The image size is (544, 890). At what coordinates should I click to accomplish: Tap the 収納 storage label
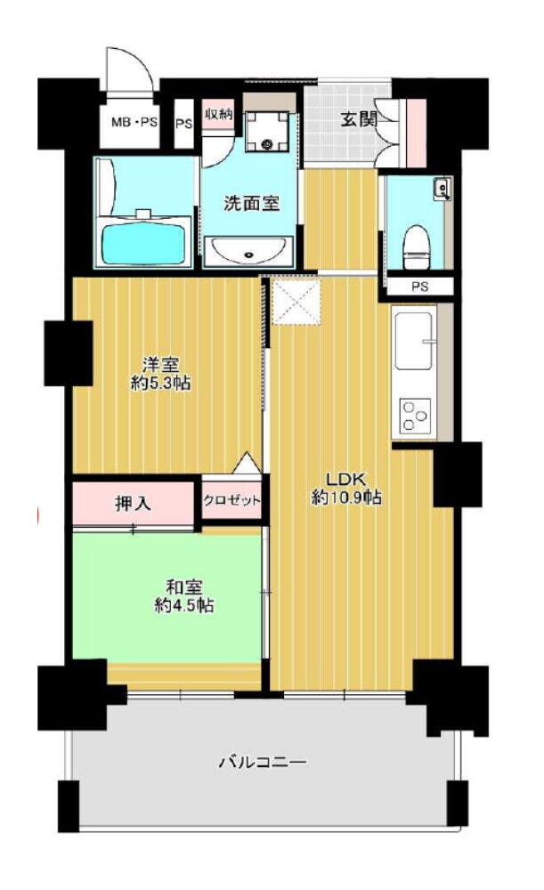point(219,114)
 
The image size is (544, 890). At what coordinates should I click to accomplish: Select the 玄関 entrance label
point(358,120)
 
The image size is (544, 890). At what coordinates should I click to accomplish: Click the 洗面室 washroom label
point(252,203)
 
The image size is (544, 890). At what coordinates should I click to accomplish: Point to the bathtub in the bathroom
point(145,244)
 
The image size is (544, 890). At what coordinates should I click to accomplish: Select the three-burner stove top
point(414,416)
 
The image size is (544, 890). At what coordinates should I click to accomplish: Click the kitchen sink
point(415,341)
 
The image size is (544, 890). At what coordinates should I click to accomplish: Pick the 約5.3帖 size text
point(160,384)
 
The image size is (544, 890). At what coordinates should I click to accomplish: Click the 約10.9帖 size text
point(345,498)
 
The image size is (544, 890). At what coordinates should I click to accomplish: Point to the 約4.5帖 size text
point(184,605)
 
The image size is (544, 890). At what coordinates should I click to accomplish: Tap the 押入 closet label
point(134,503)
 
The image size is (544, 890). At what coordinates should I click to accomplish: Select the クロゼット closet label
point(231,500)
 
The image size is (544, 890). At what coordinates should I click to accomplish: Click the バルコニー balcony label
point(263,761)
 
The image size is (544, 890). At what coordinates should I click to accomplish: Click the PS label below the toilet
point(420,287)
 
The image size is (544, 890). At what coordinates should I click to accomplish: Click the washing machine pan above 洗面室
point(267,132)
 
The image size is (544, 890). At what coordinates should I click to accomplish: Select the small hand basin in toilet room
point(443,189)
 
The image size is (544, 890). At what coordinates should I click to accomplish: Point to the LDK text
point(347,478)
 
